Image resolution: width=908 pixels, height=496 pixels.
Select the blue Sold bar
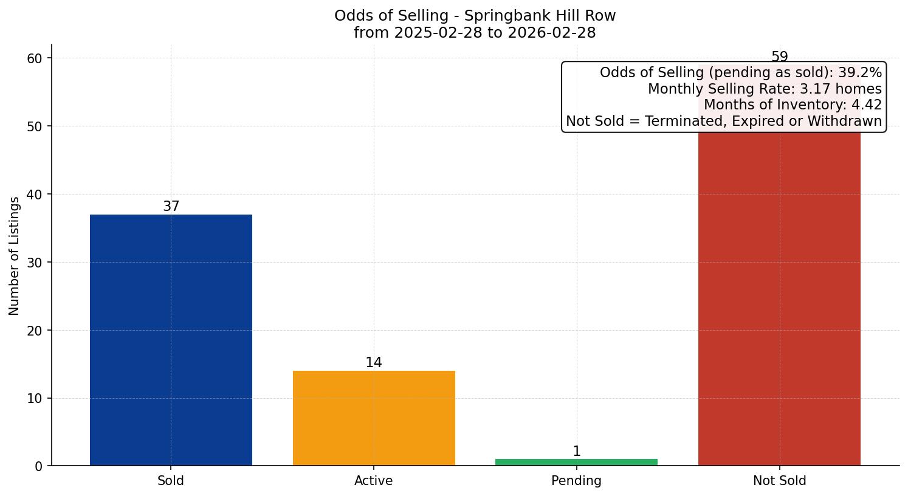[171, 340]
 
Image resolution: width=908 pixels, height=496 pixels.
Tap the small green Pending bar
[576, 462]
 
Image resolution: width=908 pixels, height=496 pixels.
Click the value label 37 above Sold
[171, 207]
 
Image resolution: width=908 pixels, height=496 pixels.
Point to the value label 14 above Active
[374, 363]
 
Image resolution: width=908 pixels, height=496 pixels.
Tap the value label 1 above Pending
[577, 452]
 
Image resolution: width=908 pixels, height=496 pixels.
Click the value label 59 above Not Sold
[779, 57]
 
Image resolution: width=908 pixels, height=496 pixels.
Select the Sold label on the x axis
[171, 481]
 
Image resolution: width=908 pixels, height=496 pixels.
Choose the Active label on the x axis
[374, 481]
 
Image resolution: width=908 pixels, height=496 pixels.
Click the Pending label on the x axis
[576, 481]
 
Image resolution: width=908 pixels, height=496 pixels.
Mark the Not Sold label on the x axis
[779, 481]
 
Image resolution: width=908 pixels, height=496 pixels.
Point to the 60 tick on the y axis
[35, 58]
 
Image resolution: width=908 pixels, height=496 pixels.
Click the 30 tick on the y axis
[35, 263]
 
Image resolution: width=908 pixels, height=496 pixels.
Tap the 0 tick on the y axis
[38, 466]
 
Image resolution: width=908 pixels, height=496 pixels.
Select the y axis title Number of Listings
[15, 256]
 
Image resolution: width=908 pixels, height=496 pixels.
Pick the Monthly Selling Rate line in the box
[765, 89]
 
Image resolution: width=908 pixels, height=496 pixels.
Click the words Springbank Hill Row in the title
[540, 16]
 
